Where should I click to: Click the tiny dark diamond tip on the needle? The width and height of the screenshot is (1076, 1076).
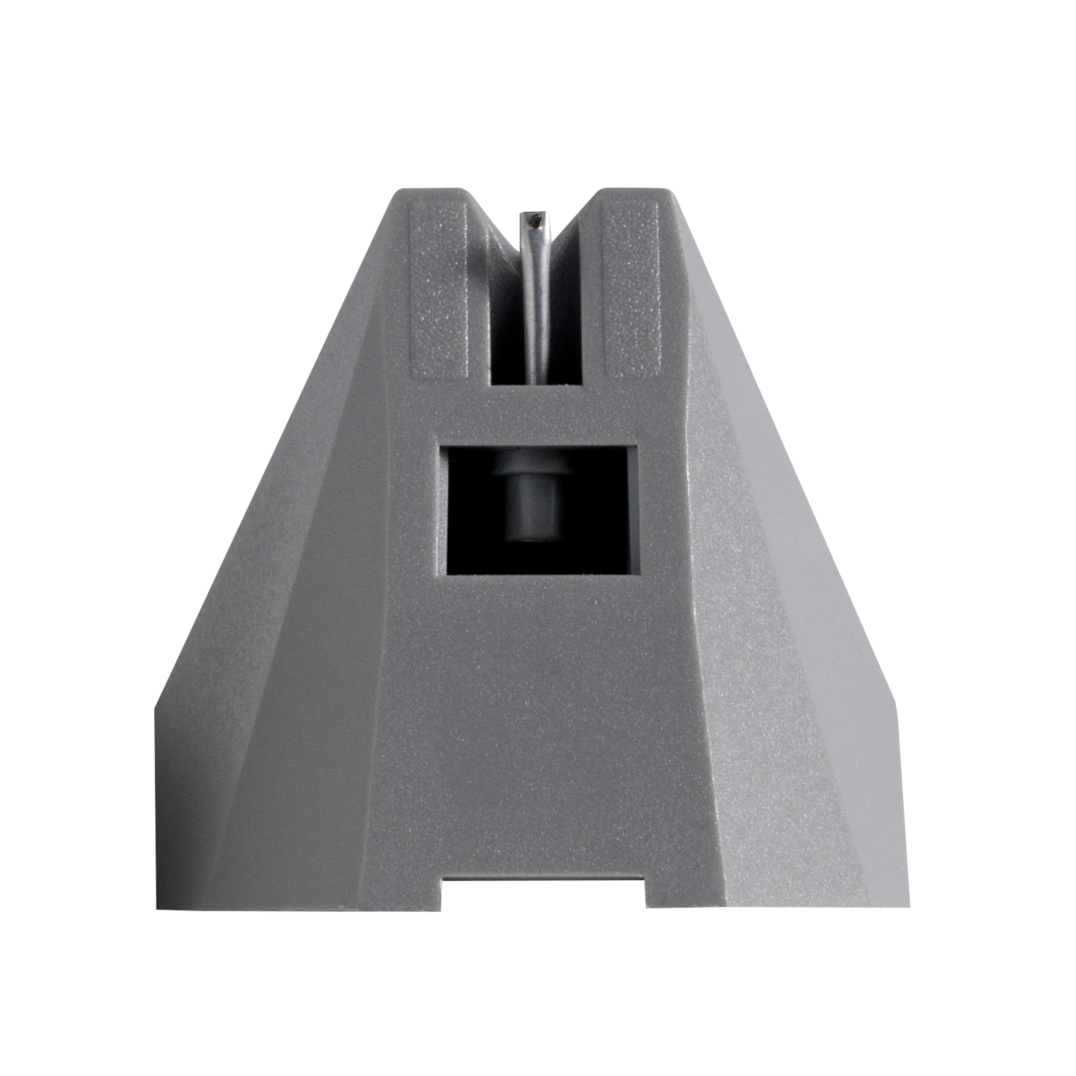[535, 218]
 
